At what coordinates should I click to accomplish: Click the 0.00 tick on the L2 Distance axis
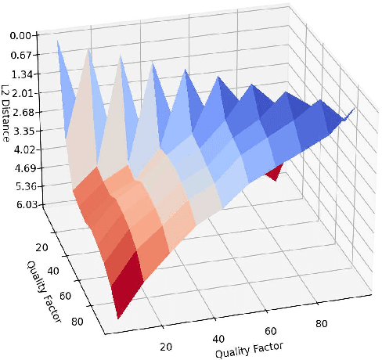[20, 35]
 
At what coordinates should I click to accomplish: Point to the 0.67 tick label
[20, 55]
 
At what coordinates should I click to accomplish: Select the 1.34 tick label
[21, 74]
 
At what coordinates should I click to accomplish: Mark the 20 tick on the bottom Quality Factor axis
[166, 347]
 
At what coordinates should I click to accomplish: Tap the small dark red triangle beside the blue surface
[273, 171]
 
